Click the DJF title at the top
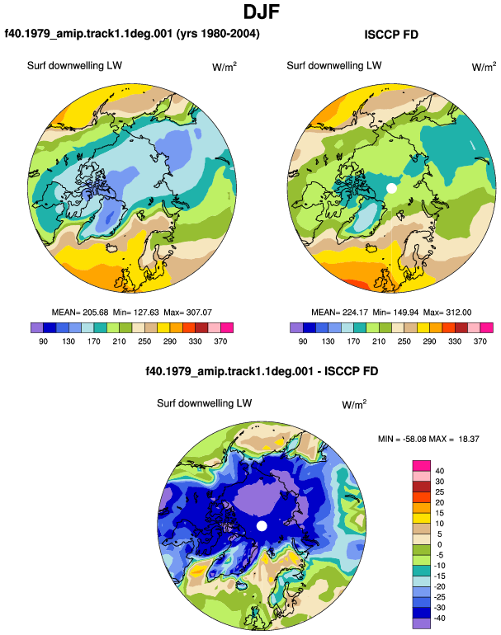pyautogui.click(x=262, y=12)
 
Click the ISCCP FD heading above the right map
pyautogui.click(x=391, y=35)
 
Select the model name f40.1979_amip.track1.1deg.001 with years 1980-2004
pyautogui.click(x=132, y=33)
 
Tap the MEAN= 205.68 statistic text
pyautogui.click(x=80, y=313)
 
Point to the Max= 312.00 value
pyautogui.click(x=447, y=313)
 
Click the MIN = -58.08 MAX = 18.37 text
pyautogui.click(x=428, y=439)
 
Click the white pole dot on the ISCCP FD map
pyautogui.click(x=391, y=188)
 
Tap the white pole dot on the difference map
pyautogui.click(x=262, y=525)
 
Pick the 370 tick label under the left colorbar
pyautogui.click(x=220, y=341)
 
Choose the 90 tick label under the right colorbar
pyautogui.click(x=303, y=341)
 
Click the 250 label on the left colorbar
pyautogui.click(x=144, y=341)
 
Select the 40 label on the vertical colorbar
pyautogui.click(x=439, y=471)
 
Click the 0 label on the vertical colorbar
pyautogui.click(x=439, y=544)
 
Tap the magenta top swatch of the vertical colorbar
pyautogui.click(x=422, y=465)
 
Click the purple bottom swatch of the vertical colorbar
pyautogui.click(x=422, y=623)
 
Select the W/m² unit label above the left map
pyautogui.click(x=225, y=66)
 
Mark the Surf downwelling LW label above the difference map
pyautogui.click(x=205, y=403)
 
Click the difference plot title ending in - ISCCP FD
pyautogui.click(x=262, y=371)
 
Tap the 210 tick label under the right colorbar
pyautogui.click(x=379, y=341)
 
